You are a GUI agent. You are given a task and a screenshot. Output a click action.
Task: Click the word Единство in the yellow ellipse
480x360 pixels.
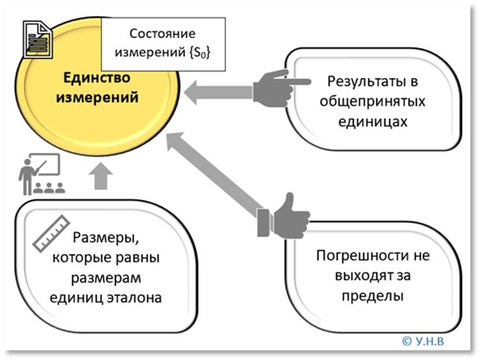96,79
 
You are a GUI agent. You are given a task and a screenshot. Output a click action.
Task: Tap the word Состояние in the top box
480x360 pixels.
163,34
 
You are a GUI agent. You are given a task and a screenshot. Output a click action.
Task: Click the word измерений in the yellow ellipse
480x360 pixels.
96,99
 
